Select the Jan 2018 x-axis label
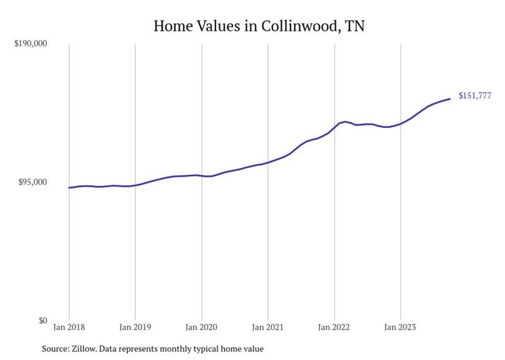(x=69, y=327)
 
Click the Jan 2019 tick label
(x=135, y=327)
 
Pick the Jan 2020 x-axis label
(x=201, y=327)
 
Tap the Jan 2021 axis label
(x=268, y=327)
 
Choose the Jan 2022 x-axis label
(x=334, y=327)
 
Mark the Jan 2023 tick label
(x=400, y=327)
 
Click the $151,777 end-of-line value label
(x=475, y=95)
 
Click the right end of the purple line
(x=450, y=99)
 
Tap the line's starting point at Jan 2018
(x=69, y=187)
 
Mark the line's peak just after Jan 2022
(x=345, y=122)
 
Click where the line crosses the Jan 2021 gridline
(x=268, y=162)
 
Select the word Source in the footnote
(x=54, y=349)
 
